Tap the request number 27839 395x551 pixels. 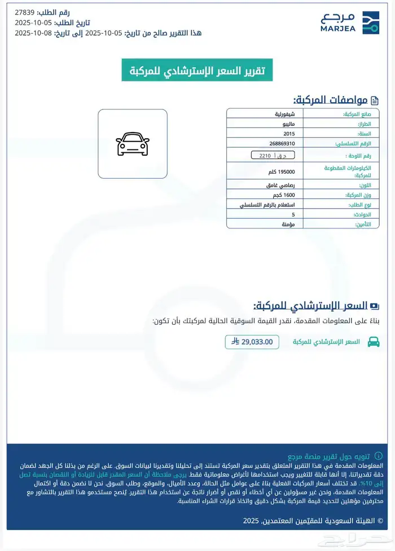point(26,12)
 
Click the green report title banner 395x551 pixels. point(197,70)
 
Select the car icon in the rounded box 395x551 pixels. point(133,144)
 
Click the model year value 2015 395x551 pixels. point(288,134)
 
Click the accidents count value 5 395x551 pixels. point(293,214)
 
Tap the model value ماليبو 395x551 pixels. point(293,124)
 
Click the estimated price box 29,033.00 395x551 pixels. point(252,341)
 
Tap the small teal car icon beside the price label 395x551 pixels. point(373,341)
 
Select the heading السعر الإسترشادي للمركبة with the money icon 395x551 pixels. point(316,306)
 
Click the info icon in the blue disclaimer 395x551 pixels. point(379,455)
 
